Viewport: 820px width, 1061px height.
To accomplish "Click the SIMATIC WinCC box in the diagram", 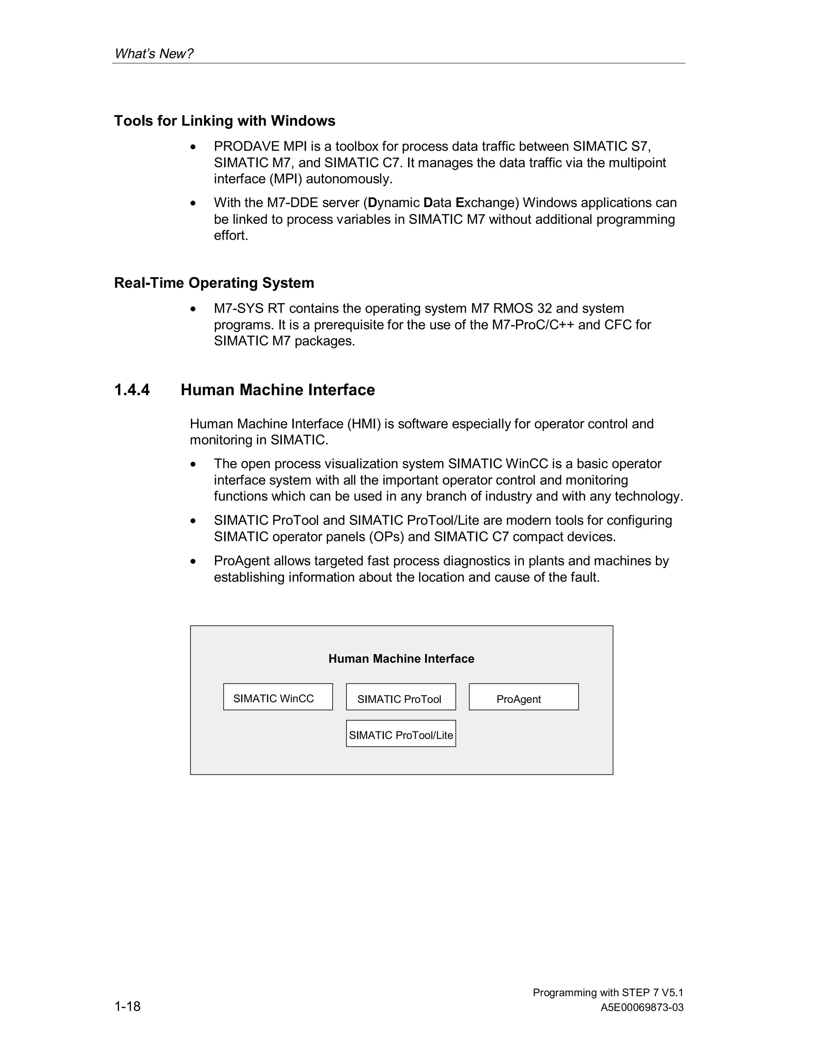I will coord(278,697).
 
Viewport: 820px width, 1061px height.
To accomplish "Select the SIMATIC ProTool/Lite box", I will coord(401,733).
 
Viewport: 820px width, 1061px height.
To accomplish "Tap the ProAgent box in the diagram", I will coord(524,697).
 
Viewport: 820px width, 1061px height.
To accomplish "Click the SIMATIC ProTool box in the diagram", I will coord(401,697).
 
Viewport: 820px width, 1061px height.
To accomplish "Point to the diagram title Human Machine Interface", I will coord(401,659).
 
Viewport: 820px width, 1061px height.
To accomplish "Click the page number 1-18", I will coord(127,1006).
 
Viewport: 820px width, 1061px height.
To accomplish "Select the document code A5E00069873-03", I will coord(642,1008).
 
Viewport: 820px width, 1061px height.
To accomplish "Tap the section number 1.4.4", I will coord(132,390).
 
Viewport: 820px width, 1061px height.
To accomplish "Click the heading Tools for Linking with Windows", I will coord(225,121).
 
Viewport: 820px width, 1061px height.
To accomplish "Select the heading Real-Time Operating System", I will coord(214,283).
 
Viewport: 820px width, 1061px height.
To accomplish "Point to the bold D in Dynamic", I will coord(373,203).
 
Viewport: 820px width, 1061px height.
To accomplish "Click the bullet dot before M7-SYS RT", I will coord(193,309).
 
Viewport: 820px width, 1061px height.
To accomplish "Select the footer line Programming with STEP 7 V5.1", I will coord(608,993).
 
